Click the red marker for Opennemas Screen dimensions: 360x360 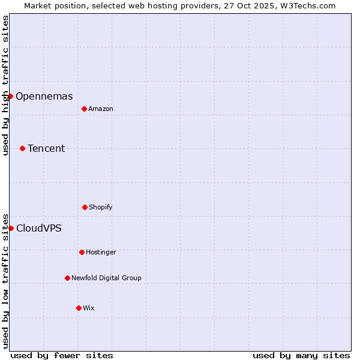click(10, 96)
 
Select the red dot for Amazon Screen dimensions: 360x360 click(84, 109)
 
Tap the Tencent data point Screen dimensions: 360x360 click(22, 148)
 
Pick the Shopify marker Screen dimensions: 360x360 click(85, 207)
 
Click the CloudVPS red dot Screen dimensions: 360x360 click(11, 228)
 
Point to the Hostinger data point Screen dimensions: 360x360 click(82, 252)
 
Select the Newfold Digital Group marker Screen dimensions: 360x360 click(67, 278)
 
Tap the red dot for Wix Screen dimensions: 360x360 click(79, 308)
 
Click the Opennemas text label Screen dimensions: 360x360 click(44, 96)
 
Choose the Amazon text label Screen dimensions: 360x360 click(101, 109)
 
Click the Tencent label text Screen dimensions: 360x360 click(46, 148)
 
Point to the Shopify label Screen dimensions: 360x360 click(101, 207)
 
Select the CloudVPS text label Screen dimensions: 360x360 click(38, 228)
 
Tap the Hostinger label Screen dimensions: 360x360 click(101, 252)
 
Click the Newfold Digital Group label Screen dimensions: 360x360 click(106, 278)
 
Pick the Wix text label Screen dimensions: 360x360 click(89, 308)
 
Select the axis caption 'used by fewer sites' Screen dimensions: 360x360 click(62, 355)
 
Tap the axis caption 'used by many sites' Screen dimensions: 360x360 click(301, 355)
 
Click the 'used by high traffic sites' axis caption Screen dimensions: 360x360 click(5, 85)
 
